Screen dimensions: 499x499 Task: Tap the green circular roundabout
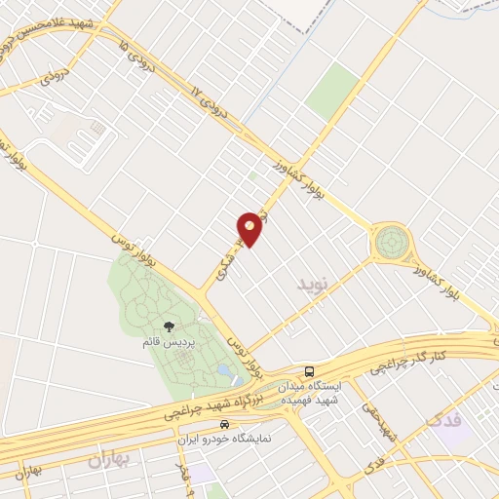pyautogui.click(x=392, y=239)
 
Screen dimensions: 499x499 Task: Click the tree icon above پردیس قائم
pyautogui.click(x=169, y=327)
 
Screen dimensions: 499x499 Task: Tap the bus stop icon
pyautogui.click(x=309, y=371)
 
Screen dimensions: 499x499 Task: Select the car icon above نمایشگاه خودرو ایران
pyautogui.click(x=225, y=425)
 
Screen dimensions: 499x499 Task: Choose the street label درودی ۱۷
pyautogui.click(x=211, y=108)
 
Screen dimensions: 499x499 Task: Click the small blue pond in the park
pyautogui.click(x=225, y=372)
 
